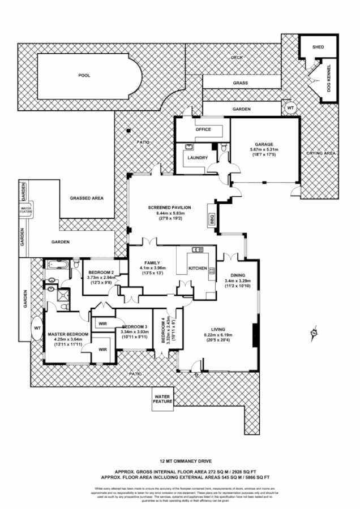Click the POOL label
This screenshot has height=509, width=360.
pos(84,75)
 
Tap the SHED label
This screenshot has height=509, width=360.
pos(318,47)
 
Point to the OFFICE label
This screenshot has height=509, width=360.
pos(203,130)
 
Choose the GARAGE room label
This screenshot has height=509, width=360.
pos(265,144)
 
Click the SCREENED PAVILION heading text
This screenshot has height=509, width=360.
pos(169,208)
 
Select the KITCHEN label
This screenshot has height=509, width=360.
pos(198,268)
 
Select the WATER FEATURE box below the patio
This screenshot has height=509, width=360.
pos(162,400)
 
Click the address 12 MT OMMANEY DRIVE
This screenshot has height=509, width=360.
pos(179,461)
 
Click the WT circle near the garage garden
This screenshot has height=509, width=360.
pos(290,107)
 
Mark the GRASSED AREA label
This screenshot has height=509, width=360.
pos(86,199)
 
